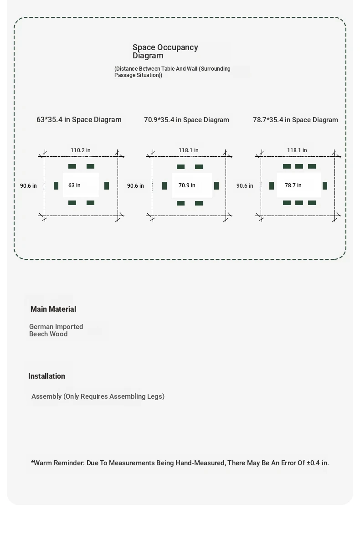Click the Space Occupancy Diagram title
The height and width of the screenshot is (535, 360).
click(165, 51)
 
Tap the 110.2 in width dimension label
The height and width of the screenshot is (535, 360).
click(81, 150)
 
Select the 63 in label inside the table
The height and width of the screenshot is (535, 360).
click(74, 185)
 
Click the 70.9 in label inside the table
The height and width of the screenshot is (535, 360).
click(187, 185)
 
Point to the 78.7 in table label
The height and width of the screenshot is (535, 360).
click(293, 185)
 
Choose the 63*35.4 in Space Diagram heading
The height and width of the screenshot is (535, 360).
click(79, 120)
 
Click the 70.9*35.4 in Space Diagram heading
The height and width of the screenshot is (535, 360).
click(186, 120)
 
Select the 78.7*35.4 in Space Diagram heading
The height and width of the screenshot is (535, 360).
click(295, 120)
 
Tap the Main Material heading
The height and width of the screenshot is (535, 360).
click(53, 309)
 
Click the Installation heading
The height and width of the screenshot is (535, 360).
click(46, 376)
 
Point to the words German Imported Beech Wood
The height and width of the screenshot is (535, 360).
click(56, 330)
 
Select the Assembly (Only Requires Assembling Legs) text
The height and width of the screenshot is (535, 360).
click(98, 396)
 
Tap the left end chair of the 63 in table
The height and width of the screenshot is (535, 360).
click(56, 185)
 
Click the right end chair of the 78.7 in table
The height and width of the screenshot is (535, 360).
click(325, 185)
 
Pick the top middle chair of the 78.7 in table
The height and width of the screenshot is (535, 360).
click(299, 166)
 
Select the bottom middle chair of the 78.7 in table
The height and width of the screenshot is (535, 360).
click(299, 203)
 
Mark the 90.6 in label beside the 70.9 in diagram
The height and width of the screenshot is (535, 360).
click(135, 185)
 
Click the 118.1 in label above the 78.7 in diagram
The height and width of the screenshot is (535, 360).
click(297, 150)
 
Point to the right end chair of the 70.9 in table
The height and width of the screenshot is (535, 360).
click(216, 185)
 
